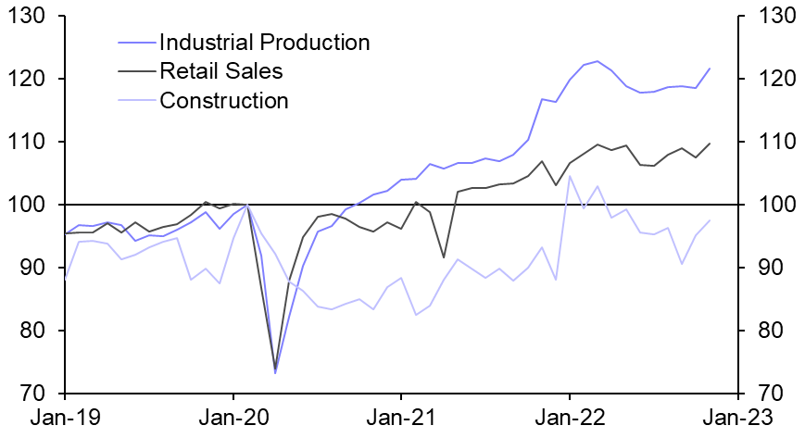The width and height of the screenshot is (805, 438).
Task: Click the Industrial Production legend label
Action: [x=264, y=43]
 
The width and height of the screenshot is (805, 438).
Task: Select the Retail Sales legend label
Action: [x=220, y=71]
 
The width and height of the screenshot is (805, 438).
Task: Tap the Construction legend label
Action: [x=224, y=100]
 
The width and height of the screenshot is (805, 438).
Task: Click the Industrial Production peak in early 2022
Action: [x=597, y=61]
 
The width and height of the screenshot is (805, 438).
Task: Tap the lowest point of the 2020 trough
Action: [x=275, y=372]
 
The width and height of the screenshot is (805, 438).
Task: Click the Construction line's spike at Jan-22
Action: [x=570, y=176]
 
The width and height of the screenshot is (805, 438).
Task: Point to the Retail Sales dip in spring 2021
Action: [x=444, y=257]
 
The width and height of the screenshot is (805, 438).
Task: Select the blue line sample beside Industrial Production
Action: [x=136, y=43]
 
